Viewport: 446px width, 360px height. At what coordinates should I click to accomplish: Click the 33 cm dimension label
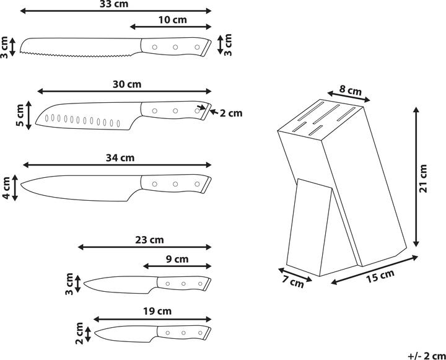(x=114, y=4)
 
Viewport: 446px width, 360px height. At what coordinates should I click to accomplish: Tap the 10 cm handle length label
(x=172, y=20)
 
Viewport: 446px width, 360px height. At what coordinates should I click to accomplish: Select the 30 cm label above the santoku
(x=127, y=84)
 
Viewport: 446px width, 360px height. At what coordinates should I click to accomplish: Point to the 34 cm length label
(x=120, y=157)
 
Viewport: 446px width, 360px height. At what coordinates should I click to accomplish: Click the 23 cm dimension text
(x=149, y=240)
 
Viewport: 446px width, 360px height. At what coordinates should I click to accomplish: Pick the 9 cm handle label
(x=177, y=259)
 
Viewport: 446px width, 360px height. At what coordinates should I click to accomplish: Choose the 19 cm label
(x=157, y=311)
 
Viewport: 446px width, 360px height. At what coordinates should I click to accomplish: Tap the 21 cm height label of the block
(x=423, y=178)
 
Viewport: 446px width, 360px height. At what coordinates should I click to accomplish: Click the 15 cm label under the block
(x=380, y=276)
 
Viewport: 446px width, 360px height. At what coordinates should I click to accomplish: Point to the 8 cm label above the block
(x=351, y=90)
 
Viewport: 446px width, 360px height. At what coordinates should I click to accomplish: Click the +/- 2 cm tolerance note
(x=427, y=356)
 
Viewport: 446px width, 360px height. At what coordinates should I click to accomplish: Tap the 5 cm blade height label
(x=20, y=115)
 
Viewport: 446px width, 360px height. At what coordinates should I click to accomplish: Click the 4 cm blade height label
(x=6, y=188)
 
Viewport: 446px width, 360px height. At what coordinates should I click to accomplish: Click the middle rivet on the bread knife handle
(x=175, y=47)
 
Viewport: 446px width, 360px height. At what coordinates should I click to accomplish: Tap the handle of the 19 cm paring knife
(x=184, y=332)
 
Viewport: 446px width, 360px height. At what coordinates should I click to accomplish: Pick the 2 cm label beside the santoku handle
(x=231, y=113)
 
